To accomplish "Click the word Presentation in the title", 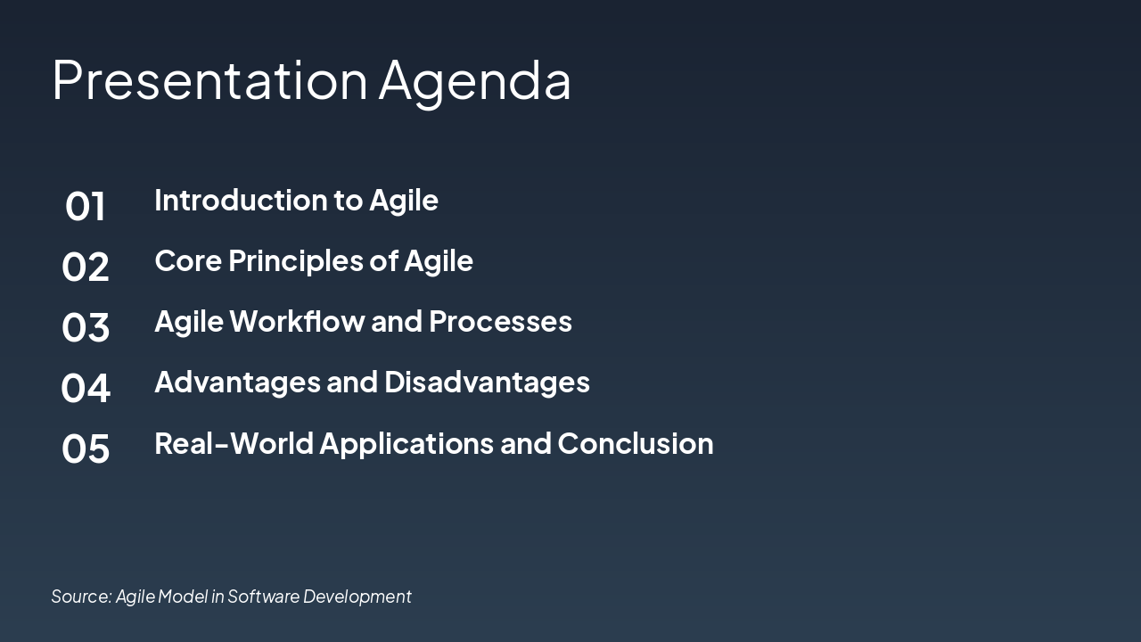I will tap(209, 79).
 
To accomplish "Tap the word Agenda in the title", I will tap(474, 81).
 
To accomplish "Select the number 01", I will tap(86, 207).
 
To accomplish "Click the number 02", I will tap(86, 267).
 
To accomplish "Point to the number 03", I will tap(86, 328).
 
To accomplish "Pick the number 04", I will tap(86, 389).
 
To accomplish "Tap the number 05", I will tap(86, 449).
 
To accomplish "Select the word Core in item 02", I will tap(188, 260).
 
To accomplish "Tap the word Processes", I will tap(500, 321).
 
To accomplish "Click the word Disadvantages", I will tap(487, 382).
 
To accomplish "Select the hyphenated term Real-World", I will tap(234, 443).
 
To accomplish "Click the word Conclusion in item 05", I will tap(635, 443).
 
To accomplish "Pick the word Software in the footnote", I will tap(264, 597).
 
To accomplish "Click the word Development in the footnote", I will tap(357, 597).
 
